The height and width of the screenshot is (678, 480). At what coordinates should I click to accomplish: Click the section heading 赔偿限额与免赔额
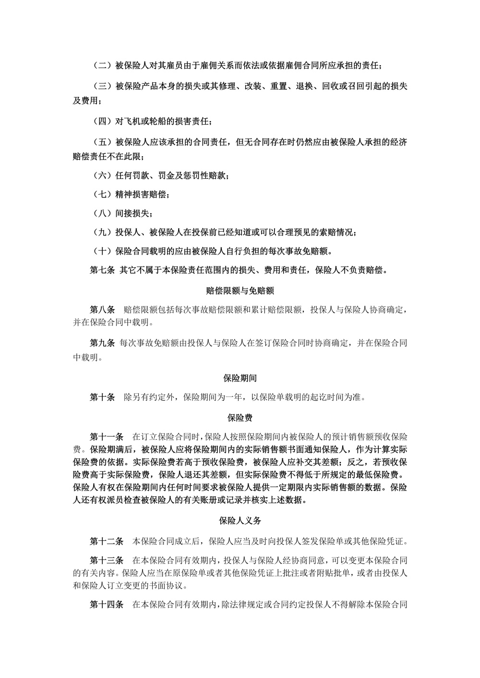[240, 290]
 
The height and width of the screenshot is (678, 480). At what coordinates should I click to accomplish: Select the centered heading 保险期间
[240, 378]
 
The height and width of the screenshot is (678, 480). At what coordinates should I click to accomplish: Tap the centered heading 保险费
[240, 418]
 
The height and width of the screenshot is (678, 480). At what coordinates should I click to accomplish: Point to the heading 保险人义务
[240, 521]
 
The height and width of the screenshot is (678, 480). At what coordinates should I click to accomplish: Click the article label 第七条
[102, 270]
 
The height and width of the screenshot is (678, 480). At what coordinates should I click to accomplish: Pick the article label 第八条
[102, 310]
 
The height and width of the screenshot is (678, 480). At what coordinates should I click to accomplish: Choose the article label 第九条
[102, 343]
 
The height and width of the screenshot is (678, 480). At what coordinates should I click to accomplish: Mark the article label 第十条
[102, 397]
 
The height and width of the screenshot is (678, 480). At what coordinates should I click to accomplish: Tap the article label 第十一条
[107, 437]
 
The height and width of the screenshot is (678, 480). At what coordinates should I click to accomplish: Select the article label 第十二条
[107, 541]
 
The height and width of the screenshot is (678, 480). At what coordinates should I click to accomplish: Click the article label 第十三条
[107, 561]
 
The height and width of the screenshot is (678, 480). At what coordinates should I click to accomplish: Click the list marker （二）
[102, 65]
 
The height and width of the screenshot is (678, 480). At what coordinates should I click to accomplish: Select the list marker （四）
[102, 121]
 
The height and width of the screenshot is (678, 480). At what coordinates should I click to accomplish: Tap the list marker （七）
[102, 195]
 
